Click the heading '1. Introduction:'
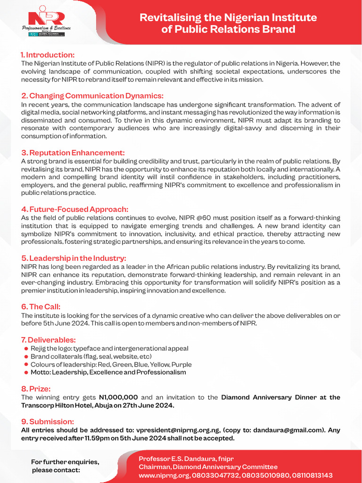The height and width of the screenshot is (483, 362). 48,55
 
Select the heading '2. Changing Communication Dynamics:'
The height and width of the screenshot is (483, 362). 92,96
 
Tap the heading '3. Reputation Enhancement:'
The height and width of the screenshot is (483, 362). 73,152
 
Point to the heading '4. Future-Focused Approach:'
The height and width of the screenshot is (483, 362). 74,209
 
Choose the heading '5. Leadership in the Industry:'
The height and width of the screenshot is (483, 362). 74,258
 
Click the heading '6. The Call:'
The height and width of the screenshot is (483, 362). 41,307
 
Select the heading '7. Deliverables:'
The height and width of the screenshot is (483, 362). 49,340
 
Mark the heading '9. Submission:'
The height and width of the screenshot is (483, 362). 48,421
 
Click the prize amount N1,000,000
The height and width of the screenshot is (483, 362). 118,397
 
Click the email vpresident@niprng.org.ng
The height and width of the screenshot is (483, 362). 178,430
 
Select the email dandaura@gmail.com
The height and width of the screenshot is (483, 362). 288,430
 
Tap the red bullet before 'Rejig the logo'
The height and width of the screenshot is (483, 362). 26,349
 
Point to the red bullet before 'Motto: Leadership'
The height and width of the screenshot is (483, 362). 26,373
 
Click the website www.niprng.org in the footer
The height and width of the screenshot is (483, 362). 161,475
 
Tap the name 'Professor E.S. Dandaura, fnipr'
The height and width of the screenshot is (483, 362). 186,459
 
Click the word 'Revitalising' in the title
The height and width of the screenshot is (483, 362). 169,18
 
